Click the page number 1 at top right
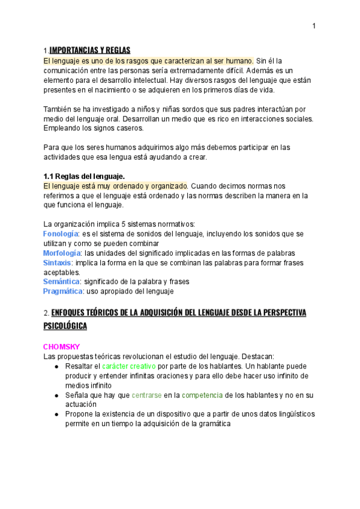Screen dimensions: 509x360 pos(314,26)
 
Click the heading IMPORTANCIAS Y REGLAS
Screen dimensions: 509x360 pos(90,50)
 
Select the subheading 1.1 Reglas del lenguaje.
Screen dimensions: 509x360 pos(84,176)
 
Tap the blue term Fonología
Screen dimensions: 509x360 pos(61,233)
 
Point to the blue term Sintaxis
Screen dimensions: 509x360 pos(57,263)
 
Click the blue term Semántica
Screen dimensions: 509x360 pos(62,282)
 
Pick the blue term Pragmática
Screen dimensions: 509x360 pos(62,291)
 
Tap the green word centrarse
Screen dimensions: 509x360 pos(147,396)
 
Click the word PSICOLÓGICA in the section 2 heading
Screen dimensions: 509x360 pos(65,326)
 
